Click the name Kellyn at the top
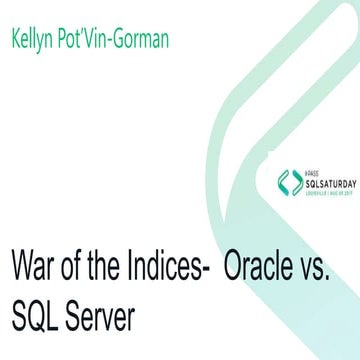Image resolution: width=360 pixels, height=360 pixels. [x=35, y=39]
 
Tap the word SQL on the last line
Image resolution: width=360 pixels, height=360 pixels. [x=39, y=319]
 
